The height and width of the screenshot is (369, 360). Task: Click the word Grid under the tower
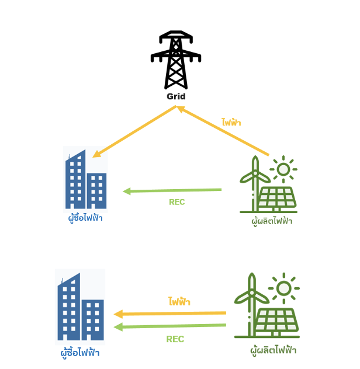[x=176, y=96]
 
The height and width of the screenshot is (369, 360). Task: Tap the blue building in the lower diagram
[x=81, y=307]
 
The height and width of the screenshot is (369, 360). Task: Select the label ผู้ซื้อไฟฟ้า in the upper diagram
[x=85, y=218]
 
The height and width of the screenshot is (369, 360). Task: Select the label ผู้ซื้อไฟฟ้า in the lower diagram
[x=80, y=353]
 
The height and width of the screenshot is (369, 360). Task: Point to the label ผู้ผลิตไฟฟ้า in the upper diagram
[x=271, y=221]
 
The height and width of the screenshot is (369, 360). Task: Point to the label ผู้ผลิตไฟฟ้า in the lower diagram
[x=273, y=350]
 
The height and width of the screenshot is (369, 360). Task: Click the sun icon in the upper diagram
[x=283, y=169]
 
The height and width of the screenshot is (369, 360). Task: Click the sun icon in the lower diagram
[x=284, y=288]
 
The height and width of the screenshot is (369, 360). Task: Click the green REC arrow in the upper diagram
[x=172, y=190]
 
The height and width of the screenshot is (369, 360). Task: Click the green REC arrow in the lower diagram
[x=169, y=326]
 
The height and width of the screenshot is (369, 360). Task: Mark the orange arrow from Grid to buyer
[x=135, y=132]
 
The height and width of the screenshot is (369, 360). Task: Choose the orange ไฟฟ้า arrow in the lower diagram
[x=169, y=314]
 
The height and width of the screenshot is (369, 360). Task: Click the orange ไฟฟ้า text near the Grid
[x=231, y=123]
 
